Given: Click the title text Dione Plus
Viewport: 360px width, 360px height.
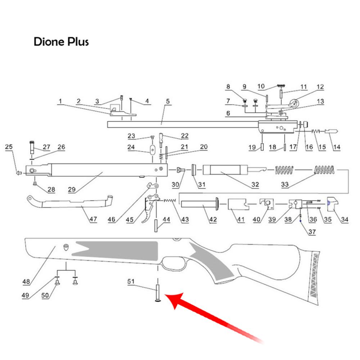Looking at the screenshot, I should tap(61, 42).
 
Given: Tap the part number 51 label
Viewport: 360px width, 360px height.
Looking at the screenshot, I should tap(132, 282).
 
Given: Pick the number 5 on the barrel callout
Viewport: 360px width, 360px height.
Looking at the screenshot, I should tap(167, 102).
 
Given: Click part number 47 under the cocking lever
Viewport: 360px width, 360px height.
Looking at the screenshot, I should tap(93, 220).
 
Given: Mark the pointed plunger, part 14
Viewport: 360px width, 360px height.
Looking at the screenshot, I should tap(332, 131).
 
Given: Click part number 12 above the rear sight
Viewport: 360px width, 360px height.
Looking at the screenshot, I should tap(320, 87).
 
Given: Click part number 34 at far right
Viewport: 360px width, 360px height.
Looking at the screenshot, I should tap(345, 220).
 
